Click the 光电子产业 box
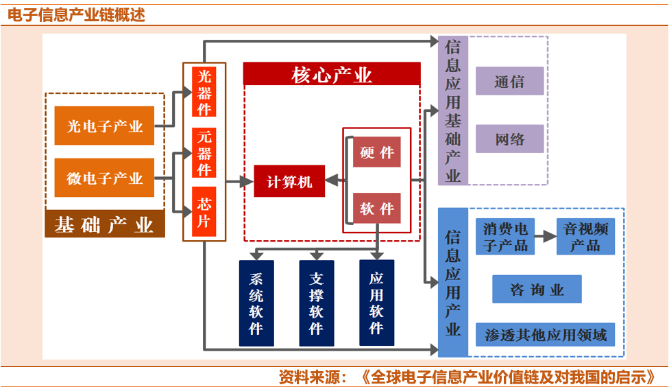(x=104, y=126)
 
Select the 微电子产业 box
(x=104, y=178)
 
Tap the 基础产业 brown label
(x=104, y=224)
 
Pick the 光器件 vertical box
(x=204, y=92)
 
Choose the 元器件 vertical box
(x=204, y=153)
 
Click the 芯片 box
(x=204, y=212)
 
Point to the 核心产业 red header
(x=332, y=74)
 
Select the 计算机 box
(x=289, y=181)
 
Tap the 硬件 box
(x=377, y=152)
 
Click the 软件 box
(x=377, y=208)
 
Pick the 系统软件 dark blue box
(x=256, y=303)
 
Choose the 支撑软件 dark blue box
(x=316, y=303)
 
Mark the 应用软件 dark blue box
(x=376, y=303)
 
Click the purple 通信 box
(x=509, y=81)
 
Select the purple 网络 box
(x=509, y=139)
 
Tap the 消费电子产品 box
(x=505, y=237)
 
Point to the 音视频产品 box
(x=585, y=237)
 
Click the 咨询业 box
(x=537, y=289)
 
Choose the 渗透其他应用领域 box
(x=546, y=335)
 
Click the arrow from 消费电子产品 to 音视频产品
(x=546, y=237)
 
